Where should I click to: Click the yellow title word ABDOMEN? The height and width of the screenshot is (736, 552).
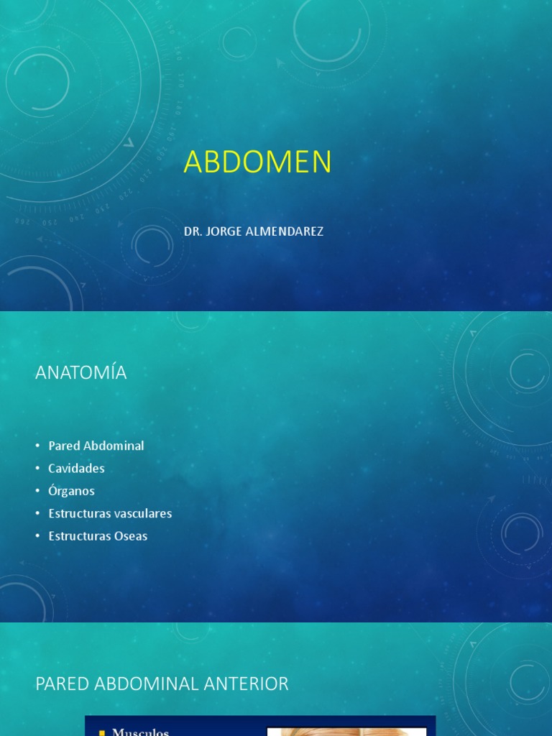coord(257,162)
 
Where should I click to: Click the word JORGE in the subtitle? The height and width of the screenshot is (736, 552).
coord(223,231)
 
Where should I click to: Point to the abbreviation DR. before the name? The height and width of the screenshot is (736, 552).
coord(192,231)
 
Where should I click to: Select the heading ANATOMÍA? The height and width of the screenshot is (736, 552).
coord(80,372)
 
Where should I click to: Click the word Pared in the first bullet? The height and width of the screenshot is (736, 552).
coord(64,446)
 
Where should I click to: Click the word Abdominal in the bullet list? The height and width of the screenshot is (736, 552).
coord(114,446)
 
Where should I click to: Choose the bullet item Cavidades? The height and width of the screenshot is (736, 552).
coord(76,469)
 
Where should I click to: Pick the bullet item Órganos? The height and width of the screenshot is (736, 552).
coord(71,491)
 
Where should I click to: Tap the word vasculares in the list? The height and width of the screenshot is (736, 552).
coord(142,513)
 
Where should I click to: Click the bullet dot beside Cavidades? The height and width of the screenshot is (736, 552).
coord(38,469)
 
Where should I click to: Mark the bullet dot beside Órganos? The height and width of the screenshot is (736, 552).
coord(38,491)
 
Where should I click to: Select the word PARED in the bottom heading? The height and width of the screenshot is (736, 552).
coord(59,684)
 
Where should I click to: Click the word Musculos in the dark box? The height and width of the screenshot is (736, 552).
coord(140,732)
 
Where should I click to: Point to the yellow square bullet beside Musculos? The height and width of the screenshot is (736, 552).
coord(102,732)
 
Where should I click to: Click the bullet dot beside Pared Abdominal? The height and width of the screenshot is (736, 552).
coord(38,446)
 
